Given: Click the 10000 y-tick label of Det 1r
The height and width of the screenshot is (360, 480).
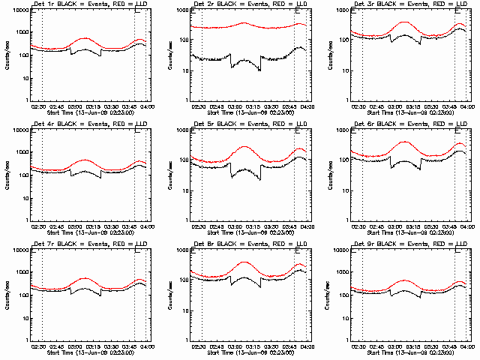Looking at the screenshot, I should (x=18, y=11).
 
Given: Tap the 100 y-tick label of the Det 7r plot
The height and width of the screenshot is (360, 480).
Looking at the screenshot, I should (x=21, y=295).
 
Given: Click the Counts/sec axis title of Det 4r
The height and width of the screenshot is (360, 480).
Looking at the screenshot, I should (x=6, y=174).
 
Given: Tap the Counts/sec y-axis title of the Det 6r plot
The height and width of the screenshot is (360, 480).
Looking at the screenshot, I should (x=327, y=174).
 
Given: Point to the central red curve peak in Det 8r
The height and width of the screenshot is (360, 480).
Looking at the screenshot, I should (x=244, y=262).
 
